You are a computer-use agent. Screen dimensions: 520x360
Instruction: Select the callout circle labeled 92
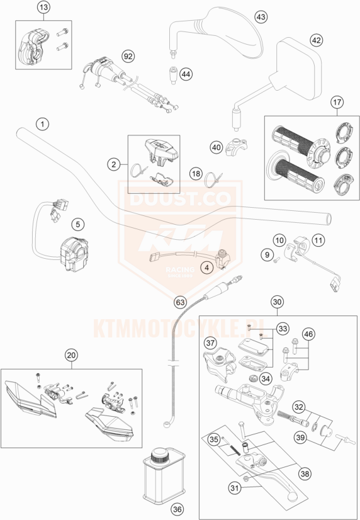pyautogui.click(x=128, y=56)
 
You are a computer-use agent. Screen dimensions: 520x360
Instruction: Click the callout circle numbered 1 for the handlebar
pyautogui.click(x=42, y=123)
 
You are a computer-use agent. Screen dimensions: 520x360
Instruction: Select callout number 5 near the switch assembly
pyautogui.click(x=77, y=223)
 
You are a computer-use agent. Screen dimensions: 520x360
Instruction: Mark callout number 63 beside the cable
pyautogui.click(x=181, y=303)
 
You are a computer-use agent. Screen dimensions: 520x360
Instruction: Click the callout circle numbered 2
pyautogui.click(x=113, y=164)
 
